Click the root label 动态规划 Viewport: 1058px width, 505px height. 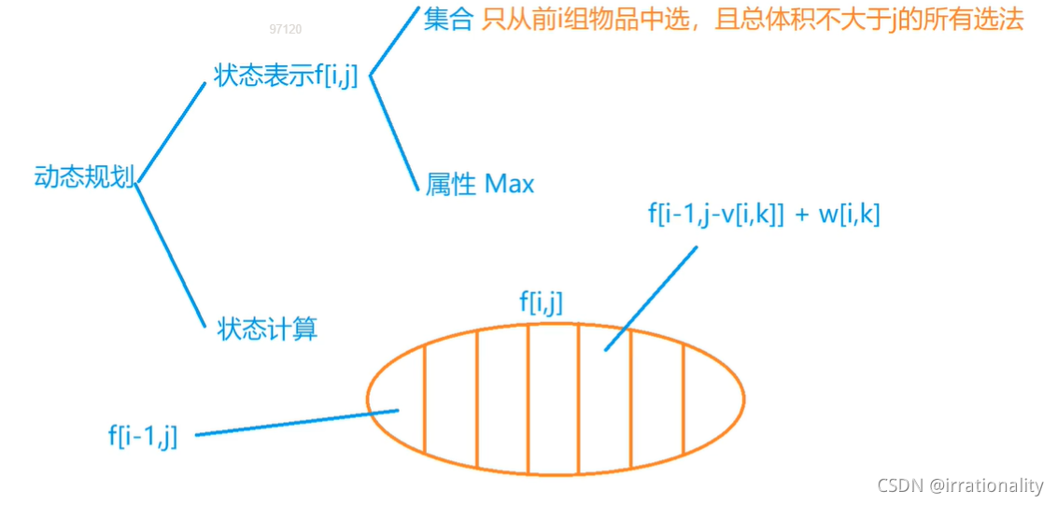click(84, 177)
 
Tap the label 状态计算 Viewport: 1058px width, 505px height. click(267, 329)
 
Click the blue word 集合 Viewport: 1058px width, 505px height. click(448, 21)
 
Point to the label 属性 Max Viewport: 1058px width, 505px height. click(480, 184)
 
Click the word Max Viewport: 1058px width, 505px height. click(510, 184)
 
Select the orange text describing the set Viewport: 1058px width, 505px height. click(753, 21)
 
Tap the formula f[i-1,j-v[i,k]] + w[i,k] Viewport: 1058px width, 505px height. click(764, 214)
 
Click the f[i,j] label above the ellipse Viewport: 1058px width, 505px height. click(541, 301)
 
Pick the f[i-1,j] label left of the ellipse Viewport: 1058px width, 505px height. click(143, 435)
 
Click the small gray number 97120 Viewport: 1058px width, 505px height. click(286, 29)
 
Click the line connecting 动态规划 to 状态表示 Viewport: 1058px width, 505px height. click(171, 132)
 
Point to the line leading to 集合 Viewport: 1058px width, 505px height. click(393, 44)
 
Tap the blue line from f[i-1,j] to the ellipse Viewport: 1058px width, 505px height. click(297, 422)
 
